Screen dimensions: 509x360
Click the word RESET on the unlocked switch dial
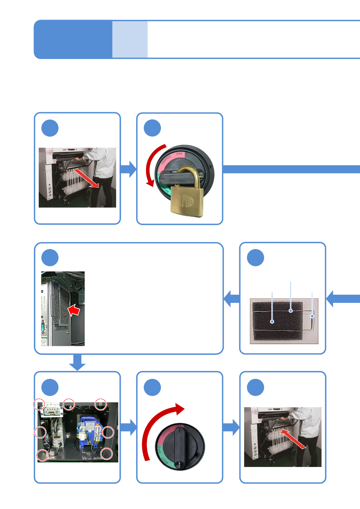[x=165, y=460]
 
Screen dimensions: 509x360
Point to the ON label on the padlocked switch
[x=179, y=154]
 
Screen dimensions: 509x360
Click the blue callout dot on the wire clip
[x=312, y=316]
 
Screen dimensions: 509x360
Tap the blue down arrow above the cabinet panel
[x=77, y=362]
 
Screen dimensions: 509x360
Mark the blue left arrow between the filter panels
[x=231, y=299]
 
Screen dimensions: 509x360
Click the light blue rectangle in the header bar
[x=130, y=39]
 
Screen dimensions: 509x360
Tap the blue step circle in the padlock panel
[x=152, y=128]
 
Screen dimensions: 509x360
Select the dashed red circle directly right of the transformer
[x=108, y=432]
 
